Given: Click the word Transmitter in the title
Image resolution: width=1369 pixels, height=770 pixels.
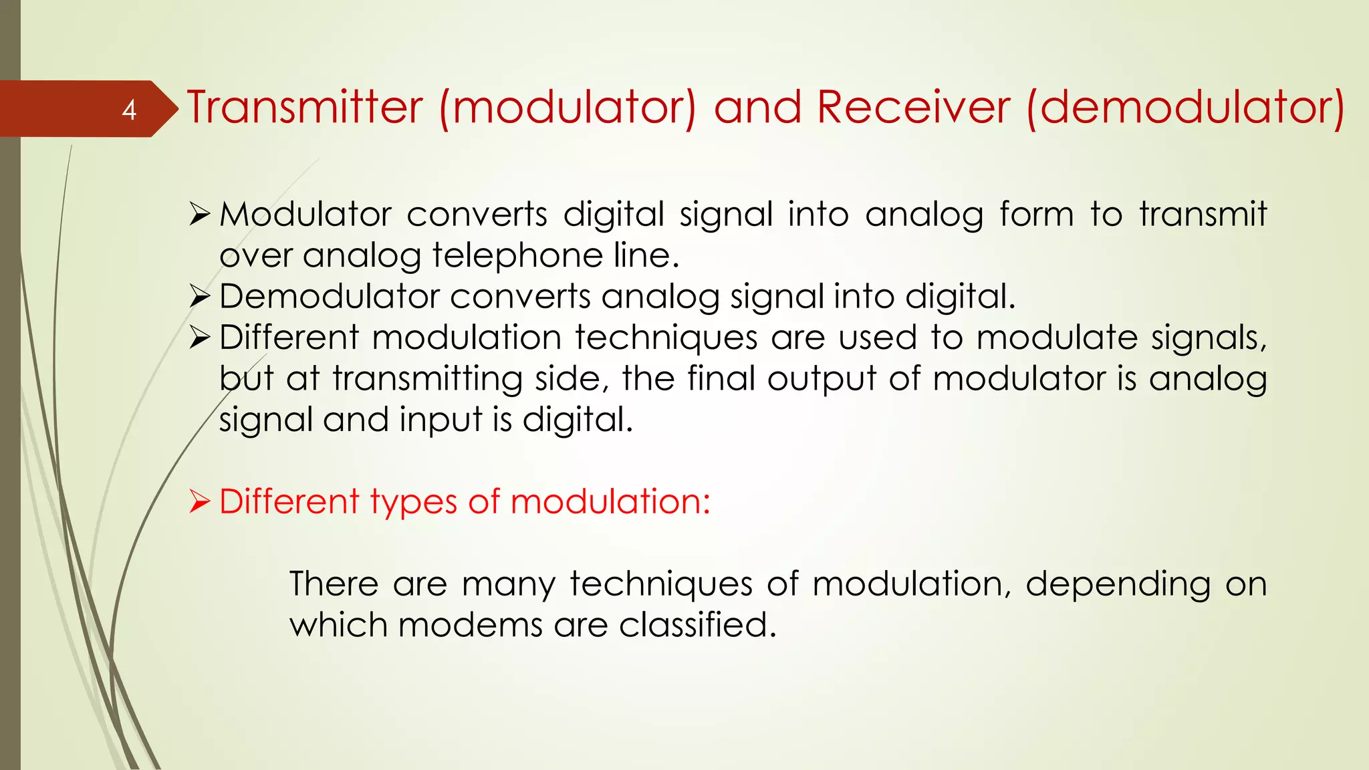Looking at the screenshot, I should click(x=305, y=108).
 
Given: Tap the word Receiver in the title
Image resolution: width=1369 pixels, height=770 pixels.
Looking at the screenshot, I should click(x=913, y=108).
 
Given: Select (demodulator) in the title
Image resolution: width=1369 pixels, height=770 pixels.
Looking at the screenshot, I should click(x=1185, y=108).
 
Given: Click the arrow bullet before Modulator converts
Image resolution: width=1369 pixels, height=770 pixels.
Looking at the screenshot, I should click(x=200, y=215).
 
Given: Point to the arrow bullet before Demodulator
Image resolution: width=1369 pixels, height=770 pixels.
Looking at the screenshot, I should click(x=200, y=296).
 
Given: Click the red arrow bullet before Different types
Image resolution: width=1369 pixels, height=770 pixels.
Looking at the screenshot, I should click(x=200, y=501).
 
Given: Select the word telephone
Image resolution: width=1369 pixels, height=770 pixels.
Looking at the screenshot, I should click(x=517, y=256).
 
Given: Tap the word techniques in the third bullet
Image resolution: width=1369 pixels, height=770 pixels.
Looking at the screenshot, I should click(x=666, y=338).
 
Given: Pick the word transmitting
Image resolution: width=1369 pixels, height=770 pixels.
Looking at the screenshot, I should click(x=428, y=379).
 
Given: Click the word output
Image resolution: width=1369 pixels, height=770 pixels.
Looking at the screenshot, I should click(x=822, y=379).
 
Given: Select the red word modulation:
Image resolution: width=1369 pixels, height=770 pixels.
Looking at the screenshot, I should click(x=610, y=501).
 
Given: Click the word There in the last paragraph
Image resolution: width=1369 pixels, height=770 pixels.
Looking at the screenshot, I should click(x=334, y=584).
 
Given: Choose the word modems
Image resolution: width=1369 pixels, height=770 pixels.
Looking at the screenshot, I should click(x=470, y=626).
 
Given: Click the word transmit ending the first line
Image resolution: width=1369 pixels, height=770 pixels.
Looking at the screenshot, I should click(x=1203, y=215).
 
